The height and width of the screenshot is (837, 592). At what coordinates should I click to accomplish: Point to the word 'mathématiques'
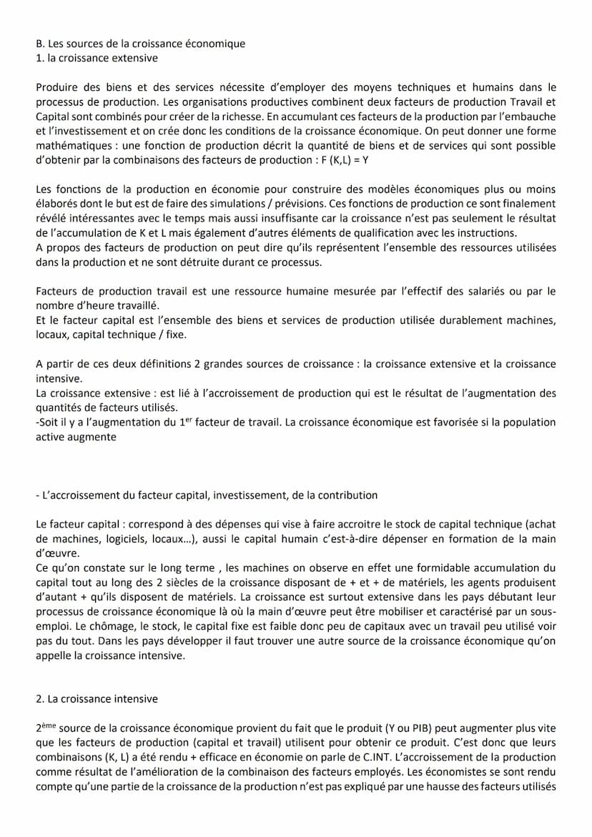coord(71,146)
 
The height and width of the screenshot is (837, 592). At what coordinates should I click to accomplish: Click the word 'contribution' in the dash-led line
coord(347,495)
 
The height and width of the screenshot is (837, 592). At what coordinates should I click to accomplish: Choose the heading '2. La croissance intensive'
coord(97,698)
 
